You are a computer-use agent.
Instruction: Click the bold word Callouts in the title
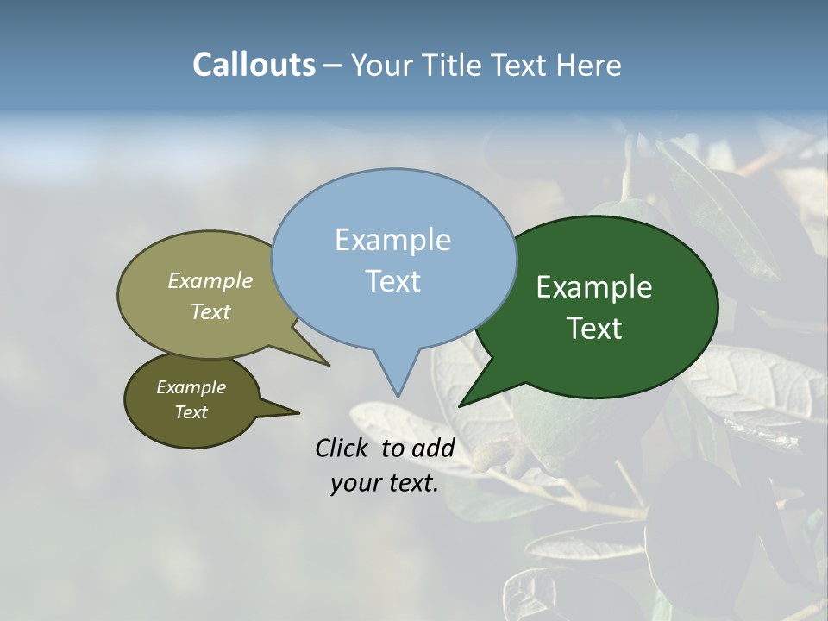(x=254, y=65)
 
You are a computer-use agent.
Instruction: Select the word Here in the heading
(x=588, y=65)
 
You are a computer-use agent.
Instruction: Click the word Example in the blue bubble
(x=392, y=240)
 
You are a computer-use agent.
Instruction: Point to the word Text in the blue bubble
(x=392, y=280)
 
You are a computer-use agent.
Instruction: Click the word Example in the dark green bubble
(x=594, y=287)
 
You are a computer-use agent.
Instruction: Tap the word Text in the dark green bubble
(x=594, y=329)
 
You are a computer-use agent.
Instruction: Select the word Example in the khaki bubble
(x=210, y=280)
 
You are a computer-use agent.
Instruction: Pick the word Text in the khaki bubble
(x=210, y=311)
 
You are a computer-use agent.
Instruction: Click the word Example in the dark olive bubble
(x=191, y=387)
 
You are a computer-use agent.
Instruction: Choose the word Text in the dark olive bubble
(x=191, y=412)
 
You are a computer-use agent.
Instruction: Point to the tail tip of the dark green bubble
(x=459, y=405)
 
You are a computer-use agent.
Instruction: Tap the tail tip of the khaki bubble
(x=329, y=365)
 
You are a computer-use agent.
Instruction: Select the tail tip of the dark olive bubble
(x=298, y=412)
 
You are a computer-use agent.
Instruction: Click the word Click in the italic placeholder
(x=343, y=448)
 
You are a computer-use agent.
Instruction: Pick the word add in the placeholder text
(x=433, y=448)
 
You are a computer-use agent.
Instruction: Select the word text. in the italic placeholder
(x=412, y=484)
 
